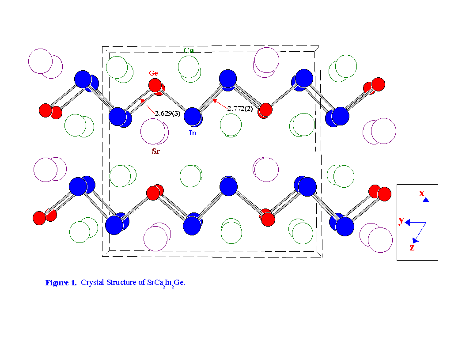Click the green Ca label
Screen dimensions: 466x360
click(189, 50)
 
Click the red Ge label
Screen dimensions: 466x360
click(153, 73)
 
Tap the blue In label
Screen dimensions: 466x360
click(192, 133)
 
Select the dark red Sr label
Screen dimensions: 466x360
click(156, 152)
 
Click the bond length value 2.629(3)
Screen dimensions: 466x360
click(167, 113)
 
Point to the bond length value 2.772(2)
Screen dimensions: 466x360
click(240, 109)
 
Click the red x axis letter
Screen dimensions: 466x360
click(422, 193)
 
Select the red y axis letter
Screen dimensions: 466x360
click(401, 220)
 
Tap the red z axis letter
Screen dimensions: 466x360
click(412, 247)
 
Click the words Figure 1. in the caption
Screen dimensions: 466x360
click(61, 283)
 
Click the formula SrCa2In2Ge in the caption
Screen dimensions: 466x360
click(166, 283)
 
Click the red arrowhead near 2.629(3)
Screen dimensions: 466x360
click(142, 101)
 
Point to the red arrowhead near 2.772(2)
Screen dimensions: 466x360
click(215, 101)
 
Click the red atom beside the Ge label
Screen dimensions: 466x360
click(155, 86)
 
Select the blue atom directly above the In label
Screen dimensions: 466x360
click(193, 116)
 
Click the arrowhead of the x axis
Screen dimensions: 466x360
click(426, 200)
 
